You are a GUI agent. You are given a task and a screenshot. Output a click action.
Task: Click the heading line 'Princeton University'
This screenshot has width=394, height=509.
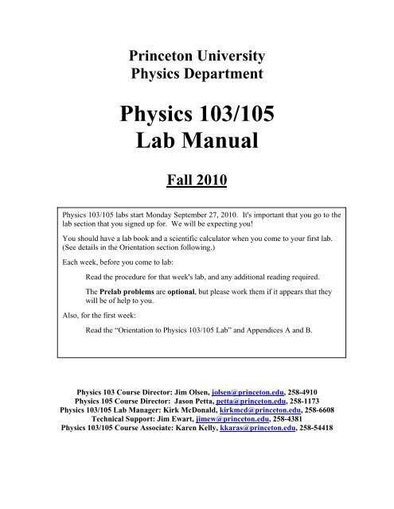pos(197,55)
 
